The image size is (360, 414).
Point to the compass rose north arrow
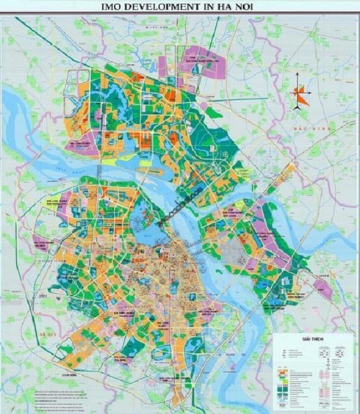297,96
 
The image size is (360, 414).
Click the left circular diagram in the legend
322,353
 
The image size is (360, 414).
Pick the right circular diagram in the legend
339,353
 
